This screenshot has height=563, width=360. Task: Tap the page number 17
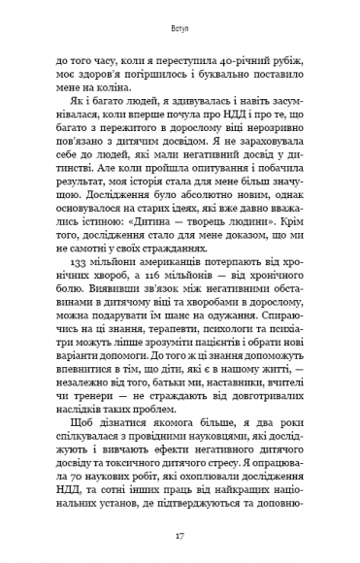coord(180,536)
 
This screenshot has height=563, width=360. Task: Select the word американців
coord(181,263)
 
